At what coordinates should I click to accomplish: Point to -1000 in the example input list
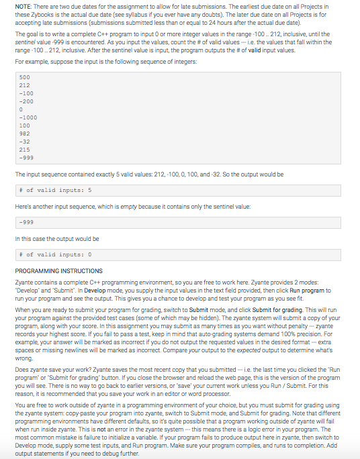[x=27, y=117]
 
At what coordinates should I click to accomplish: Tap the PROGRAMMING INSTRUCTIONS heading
[x=58, y=270]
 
